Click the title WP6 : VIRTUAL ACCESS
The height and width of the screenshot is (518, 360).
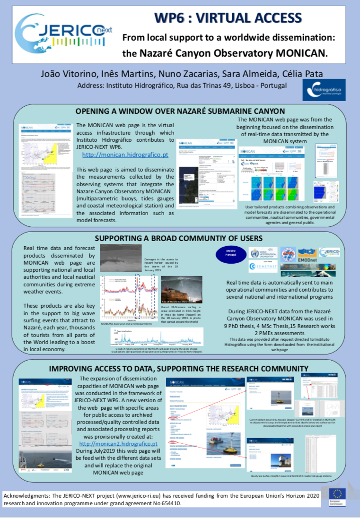click(228, 18)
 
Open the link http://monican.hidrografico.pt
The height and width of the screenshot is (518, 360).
click(125, 155)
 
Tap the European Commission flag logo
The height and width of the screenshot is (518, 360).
click(338, 496)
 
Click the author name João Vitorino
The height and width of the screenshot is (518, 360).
click(60, 74)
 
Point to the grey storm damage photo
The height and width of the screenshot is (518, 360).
click(121, 257)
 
